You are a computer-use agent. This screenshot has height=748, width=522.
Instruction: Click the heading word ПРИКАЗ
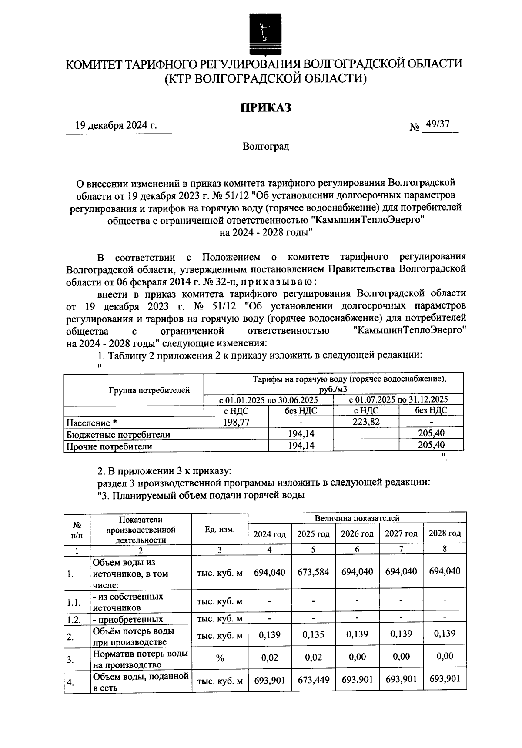click(266, 107)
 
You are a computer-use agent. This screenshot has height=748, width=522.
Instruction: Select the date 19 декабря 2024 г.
click(116, 126)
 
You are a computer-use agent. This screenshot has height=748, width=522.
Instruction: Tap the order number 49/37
click(438, 124)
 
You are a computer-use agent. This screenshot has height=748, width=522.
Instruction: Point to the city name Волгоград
click(266, 146)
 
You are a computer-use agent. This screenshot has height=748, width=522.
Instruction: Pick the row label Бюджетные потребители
click(118, 434)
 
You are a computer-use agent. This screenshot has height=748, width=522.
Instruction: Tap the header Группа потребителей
click(149, 390)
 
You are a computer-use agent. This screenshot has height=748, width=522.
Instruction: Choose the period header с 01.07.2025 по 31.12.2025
click(398, 399)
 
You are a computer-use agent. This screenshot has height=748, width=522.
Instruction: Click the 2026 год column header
click(357, 534)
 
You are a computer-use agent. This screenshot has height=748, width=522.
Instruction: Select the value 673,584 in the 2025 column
click(313, 572)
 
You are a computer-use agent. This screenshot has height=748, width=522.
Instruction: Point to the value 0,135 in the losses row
click(313, 634)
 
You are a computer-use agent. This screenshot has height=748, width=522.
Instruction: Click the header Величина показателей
click(357, 518)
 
